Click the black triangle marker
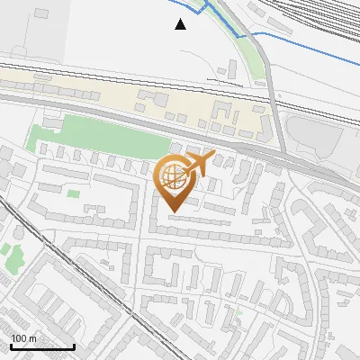pyautogui.click(x=181, y=24)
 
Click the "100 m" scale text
pyautogui.click(x=23, y=338)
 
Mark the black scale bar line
pyautogui.click(x=41, y=346)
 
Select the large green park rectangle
pyautogui.click(x=99, y=136)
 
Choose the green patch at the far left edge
pyautogui.click(x=13, y=256)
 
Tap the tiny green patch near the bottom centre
pyautogui.click(x=238, y=312)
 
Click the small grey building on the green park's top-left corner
pyautogui.click(x=52, y=121)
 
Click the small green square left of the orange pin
pyautogui.click(x=75, y=192)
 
